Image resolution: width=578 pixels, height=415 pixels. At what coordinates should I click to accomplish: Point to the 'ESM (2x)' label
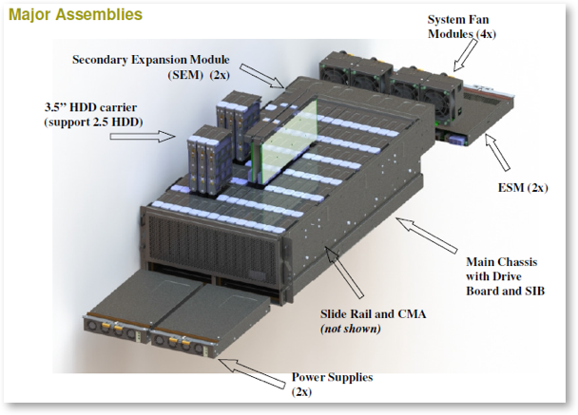point(524,187)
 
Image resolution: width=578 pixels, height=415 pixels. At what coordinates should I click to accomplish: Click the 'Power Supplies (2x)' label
point(332,384)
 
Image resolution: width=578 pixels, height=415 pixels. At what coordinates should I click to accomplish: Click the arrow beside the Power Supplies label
point(258,372)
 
